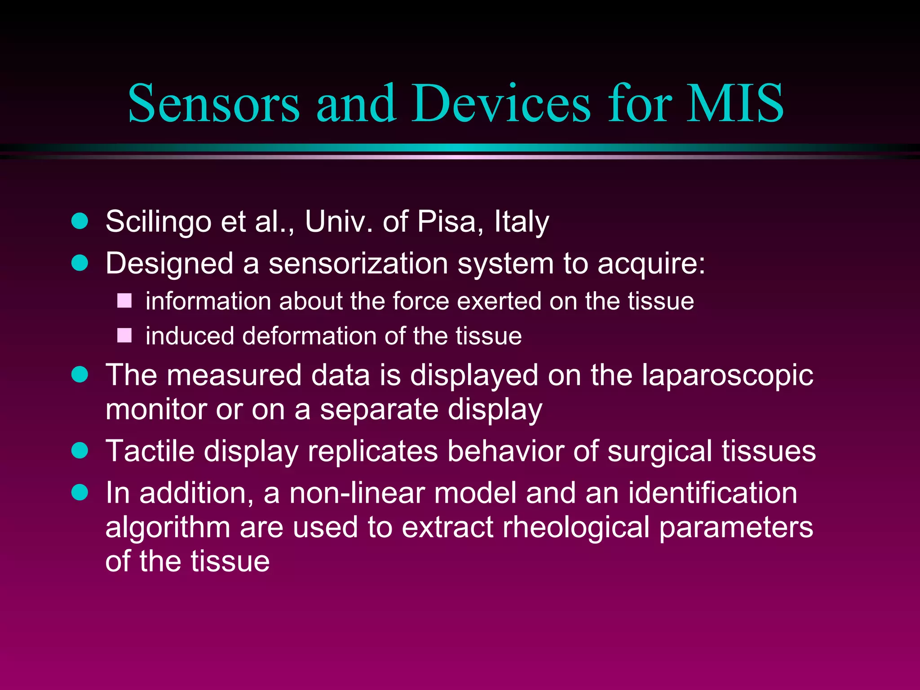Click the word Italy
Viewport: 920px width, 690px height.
(x=522, y=222)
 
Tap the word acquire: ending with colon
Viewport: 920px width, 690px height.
(x=651, y=264)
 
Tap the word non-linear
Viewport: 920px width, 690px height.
(x=357, y=493)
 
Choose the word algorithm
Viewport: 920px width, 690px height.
(x=168, y=527)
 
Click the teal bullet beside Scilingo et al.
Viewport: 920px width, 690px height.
(x=80, y=221)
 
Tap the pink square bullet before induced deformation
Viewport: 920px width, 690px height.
(x=124, y=336)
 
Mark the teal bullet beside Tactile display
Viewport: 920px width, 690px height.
(x=80, y=450)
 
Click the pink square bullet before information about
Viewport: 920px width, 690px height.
(x=124, y=301)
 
